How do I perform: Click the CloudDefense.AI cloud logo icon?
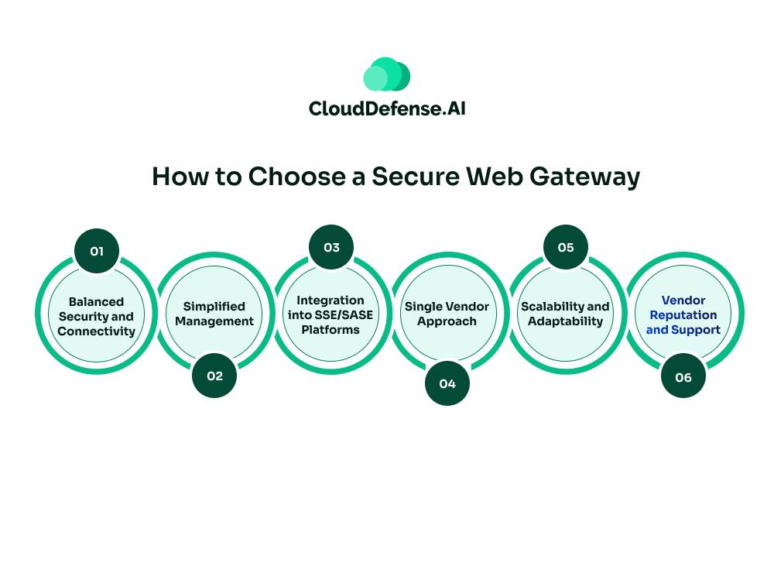pos(386,75)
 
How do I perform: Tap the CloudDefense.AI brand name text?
pos(386,108)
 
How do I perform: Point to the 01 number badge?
pos(97,251)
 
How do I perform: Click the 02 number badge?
pos(214,376)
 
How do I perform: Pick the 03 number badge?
pos(331,247)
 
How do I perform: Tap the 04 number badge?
pos(447,383)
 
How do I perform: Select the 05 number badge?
pos(566,247)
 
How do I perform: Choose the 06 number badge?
pos(683,377)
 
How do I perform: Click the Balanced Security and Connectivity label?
pos(96,316)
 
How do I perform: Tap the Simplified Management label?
pos(214,314)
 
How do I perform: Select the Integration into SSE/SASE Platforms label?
pos(330,314)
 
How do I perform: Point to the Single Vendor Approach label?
pos(447,314)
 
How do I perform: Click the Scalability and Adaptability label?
pos(565,314)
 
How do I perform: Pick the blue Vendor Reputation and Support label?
pos(683,314)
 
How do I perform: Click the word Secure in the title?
pos(410,177)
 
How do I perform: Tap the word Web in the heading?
pos(496,177)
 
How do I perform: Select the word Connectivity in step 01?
pos(96,331)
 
